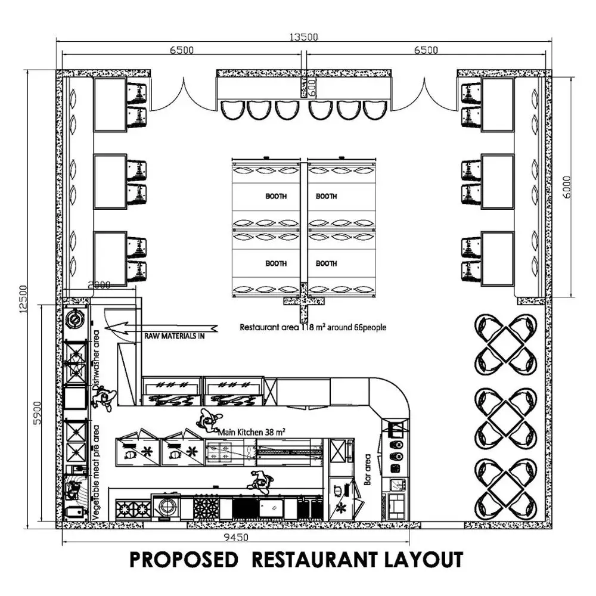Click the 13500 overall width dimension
coord(303,37)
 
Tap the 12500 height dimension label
coord(24,299)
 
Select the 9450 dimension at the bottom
coord(236,537)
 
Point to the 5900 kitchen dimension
coord(37,413)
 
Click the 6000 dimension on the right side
coord(566,187)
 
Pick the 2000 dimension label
coord(99,285)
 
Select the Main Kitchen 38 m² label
coord(252,432)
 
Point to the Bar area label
coord(367,470)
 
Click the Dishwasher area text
coord(96,359)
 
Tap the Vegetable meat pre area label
coord(96,473)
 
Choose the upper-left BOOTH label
coord(276,197)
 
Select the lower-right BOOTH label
coord(326,263)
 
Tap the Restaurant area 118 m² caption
coord(313,327)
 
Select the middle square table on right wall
coord(498,182)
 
